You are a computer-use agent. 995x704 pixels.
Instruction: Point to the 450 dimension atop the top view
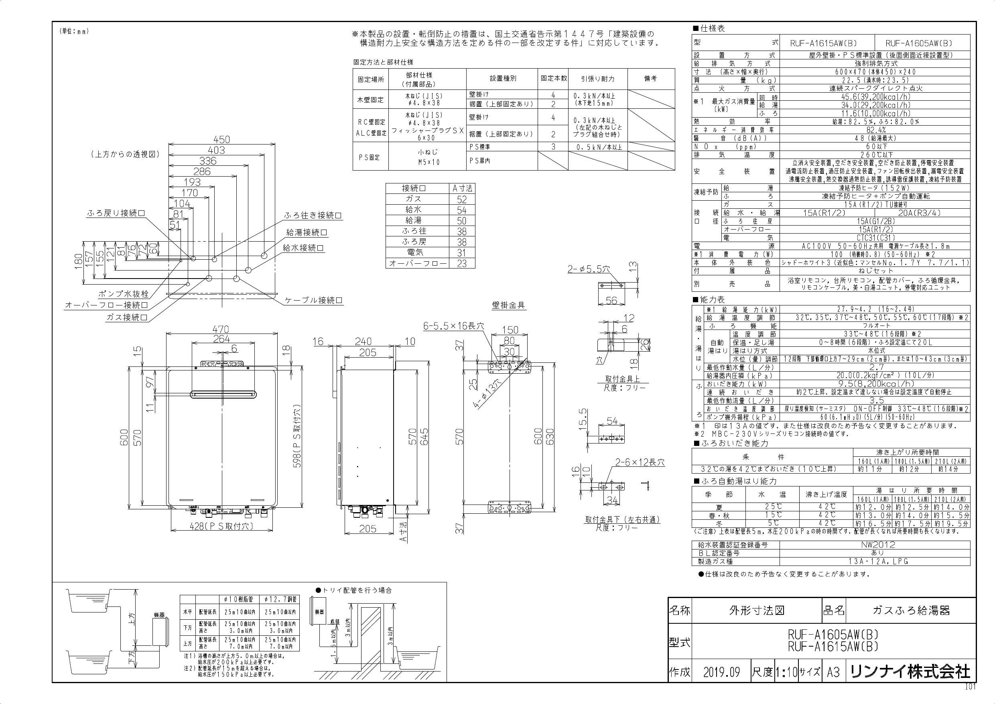tap(221, 140)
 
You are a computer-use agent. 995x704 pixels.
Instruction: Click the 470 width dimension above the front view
tap(221, 330)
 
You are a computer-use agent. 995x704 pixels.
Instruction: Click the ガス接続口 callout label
tap(127, 317)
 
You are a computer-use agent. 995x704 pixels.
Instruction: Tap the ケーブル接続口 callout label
tap(313, 300)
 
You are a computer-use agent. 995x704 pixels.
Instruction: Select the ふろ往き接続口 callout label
tap(313, 216)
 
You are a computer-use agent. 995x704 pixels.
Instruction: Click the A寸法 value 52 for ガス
tap(461, 199)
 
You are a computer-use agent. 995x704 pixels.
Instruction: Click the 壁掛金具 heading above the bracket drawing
tap(508, 305)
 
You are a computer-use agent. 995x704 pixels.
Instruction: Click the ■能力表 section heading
tap(709, 299)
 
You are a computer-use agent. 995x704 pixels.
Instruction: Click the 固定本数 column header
tap(553, 78)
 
